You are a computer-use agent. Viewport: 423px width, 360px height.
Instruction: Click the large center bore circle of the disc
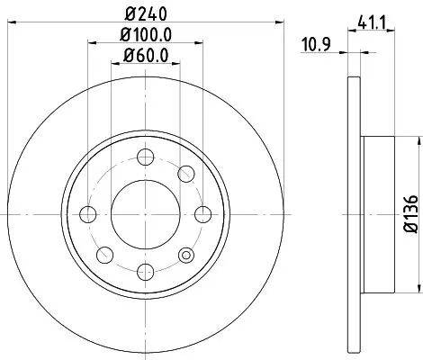click(x=143, y=213)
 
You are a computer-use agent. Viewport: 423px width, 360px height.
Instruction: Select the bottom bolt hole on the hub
click(x=143, y=268)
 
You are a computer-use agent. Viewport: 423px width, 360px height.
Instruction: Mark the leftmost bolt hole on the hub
click(x=88, y=213)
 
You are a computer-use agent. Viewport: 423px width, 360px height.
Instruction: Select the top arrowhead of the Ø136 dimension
click(x=418, y=139)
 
